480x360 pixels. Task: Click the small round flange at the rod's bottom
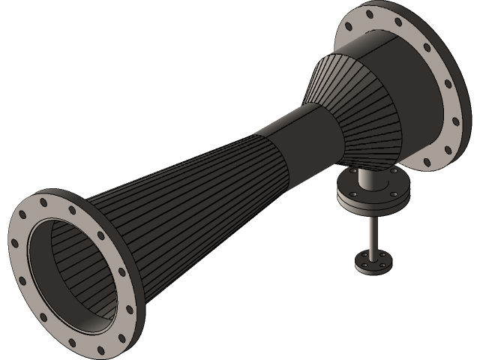pyautogui.click(x=373, y=261)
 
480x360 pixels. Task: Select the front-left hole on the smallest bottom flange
pyautogui.click(x=363, y=263)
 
